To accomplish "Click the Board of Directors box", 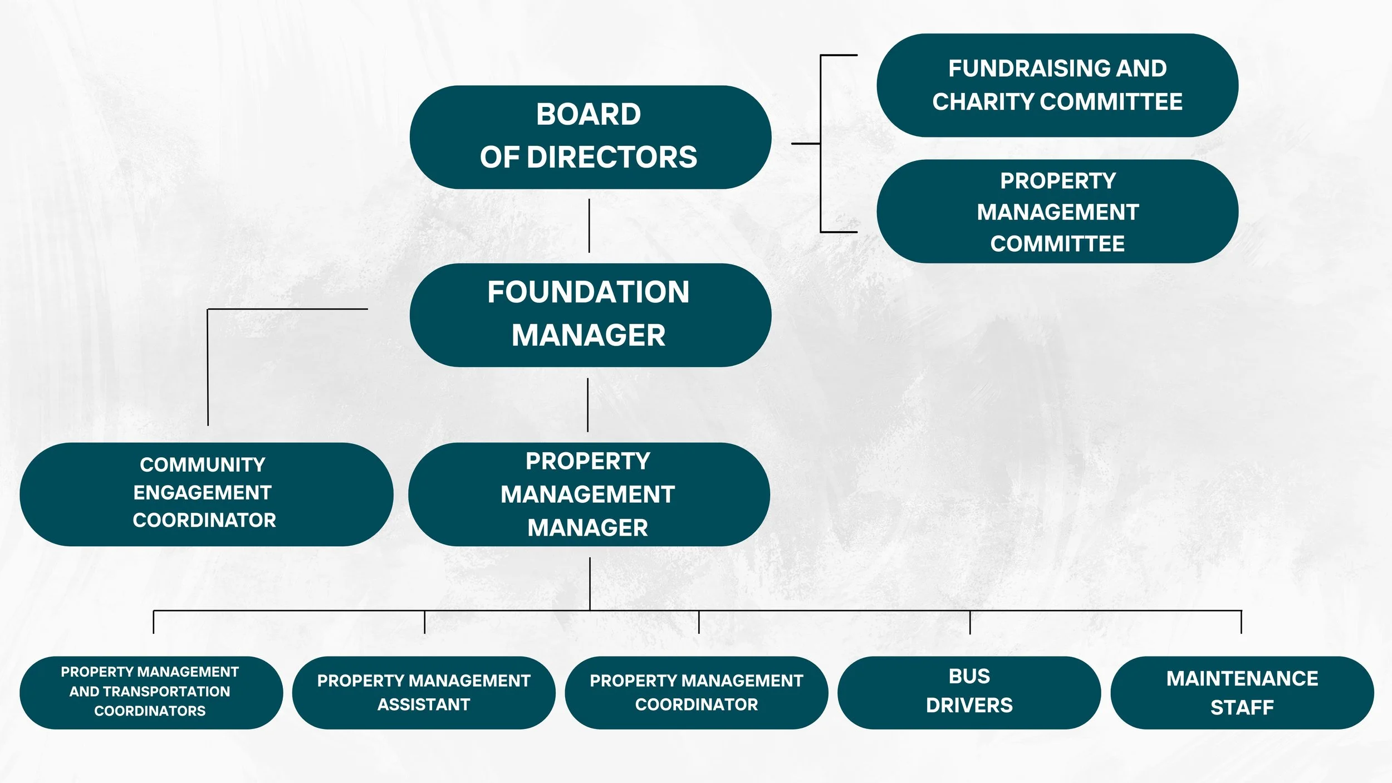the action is (x=590, y=137).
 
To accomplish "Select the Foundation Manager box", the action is (x=590, y=315).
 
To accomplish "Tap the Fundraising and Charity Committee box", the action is (x=1057, y=85).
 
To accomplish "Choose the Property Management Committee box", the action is (x=1057, y=212).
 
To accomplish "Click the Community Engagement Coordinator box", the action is (x=206, y=494).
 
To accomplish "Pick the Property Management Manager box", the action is (x=589, y=494).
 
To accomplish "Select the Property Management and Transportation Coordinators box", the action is (x=151, y=692).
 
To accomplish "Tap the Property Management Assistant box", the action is (x=423, y=692).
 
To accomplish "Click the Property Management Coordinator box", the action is (x=696, y=692).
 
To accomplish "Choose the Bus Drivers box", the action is (x=969, y=692).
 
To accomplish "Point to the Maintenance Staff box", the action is (x=1242, y=692).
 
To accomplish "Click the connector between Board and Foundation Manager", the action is (x=589, y=226).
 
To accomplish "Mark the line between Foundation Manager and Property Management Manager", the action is (x=587, y=405).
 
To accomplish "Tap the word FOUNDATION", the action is (x=589, y=292).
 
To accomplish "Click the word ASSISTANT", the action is (x=424, y=704).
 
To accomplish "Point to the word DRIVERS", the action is (x=969, y=706).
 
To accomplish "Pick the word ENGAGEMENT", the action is (x=202, y=493).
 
